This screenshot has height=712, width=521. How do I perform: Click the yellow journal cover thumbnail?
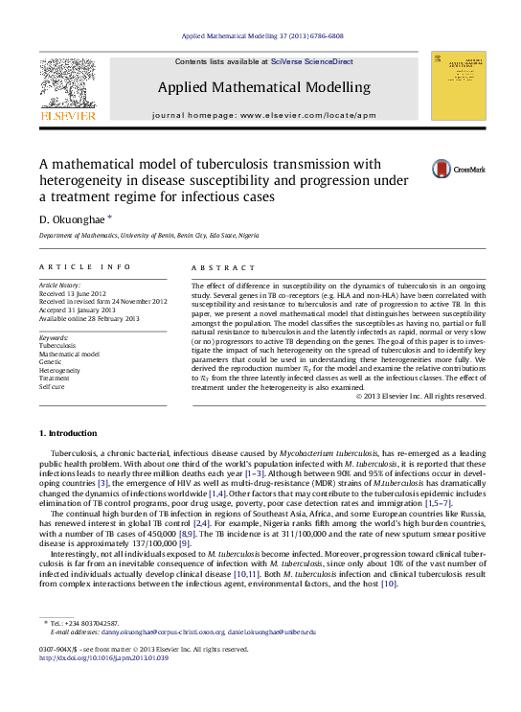point(458,85)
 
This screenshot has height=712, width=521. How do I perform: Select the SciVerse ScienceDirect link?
point(312,61)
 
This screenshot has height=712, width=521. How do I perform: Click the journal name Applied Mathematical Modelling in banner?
point(265,87)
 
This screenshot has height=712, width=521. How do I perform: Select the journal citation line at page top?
point(261,35)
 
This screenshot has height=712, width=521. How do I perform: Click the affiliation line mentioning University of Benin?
point(148,235)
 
